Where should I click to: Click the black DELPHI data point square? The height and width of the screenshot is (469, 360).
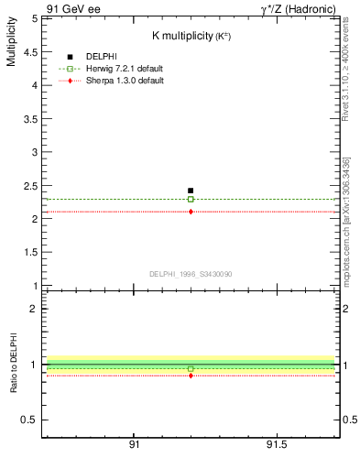(x=191, y=191)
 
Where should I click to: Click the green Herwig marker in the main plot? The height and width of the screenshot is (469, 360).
(x=191, y=199)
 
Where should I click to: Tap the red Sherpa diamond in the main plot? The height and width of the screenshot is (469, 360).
(x=191, y=212)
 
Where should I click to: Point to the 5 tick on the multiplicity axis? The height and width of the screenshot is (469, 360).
(x=34, y=18)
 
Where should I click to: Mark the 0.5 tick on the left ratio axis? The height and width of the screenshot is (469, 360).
(x=29, y=420)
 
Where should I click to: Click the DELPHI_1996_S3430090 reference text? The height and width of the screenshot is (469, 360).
(x=191, y=274)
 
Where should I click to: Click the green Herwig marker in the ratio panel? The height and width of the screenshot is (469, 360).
(x=191, y=368)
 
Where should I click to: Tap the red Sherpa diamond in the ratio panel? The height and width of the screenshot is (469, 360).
(x=191, y=376)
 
